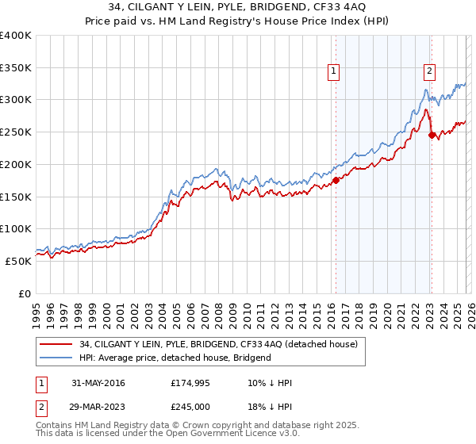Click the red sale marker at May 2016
click(336, 180)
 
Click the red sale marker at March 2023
click(432, 135)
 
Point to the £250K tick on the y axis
click(16, 132)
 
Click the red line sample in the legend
click(56, 344)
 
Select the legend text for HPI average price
click(175, 358)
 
